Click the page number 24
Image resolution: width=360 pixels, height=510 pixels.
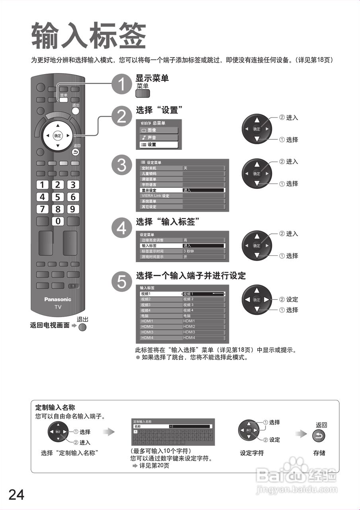[16, 494]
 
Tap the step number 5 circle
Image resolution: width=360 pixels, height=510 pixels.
[121, 282]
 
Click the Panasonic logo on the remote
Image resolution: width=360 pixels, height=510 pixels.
[58, 299]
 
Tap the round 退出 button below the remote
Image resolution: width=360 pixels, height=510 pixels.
[82, 327]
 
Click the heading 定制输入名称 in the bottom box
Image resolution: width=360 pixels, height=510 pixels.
[55, 408]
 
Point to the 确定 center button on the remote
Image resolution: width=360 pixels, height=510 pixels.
[58, 136]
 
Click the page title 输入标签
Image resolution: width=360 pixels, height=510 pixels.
[88, 36]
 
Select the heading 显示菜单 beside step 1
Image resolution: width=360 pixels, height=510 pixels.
[152, 78]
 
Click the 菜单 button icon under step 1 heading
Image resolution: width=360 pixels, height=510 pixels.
[143, 94]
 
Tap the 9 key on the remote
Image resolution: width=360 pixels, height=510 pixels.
[73, 209]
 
